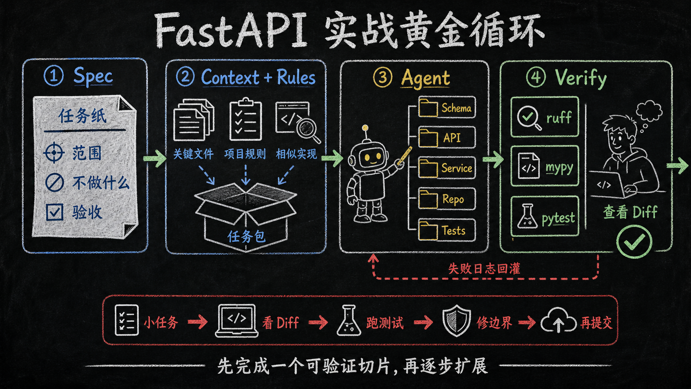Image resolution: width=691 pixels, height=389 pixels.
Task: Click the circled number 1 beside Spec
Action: (x=54, y=76)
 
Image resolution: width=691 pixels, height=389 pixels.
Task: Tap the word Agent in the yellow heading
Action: (x=426, y=78)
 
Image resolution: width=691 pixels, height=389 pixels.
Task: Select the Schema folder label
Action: (x=456, y=108)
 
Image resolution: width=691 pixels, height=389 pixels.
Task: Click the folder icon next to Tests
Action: (x=428, y=230)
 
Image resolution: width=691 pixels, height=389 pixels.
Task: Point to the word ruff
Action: (x=559, y=118)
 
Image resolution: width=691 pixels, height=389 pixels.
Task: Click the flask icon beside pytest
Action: (x=527, y=216)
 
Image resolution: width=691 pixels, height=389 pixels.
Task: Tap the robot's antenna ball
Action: (x=365, y=127)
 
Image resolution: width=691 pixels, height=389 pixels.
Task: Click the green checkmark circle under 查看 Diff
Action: (x=634, y=241)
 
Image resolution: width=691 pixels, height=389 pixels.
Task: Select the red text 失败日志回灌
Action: (x=484, y=269)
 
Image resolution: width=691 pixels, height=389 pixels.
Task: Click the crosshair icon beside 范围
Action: (x=54, y=153)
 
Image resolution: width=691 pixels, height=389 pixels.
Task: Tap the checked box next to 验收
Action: (x=54, y=212)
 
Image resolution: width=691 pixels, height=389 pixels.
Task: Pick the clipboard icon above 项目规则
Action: (x=246, y=119)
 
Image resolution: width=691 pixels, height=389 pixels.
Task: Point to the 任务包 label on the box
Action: (x=246, y=237)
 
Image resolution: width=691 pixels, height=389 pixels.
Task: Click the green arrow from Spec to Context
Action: (x=154, y=158)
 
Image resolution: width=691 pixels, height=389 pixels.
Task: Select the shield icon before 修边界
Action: (x=457, y=321)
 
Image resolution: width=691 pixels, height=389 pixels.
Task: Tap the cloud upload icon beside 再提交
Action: (x=558, y=321)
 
